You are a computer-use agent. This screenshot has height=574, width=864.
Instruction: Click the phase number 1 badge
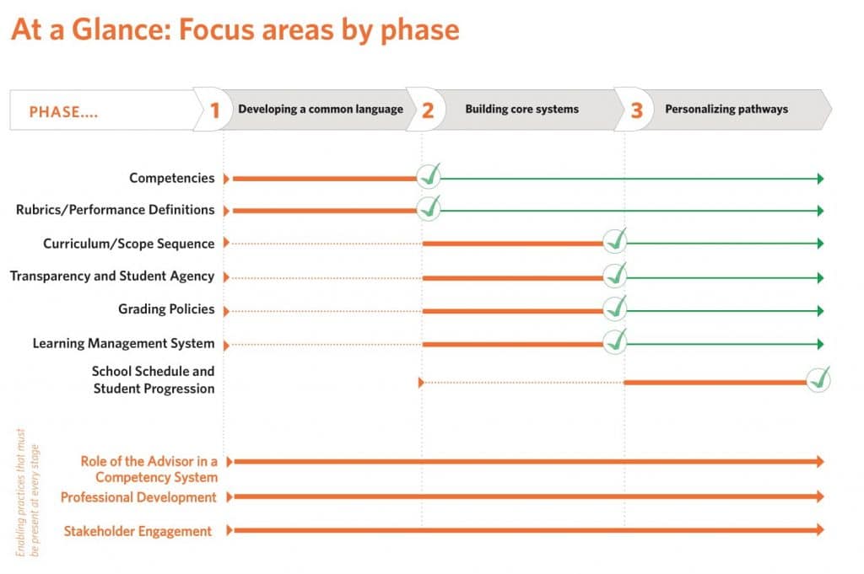215,110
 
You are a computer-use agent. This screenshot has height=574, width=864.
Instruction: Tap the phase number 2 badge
428,110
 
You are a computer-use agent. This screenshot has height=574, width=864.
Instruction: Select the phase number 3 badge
636,110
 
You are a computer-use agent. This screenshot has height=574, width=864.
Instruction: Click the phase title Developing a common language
321,109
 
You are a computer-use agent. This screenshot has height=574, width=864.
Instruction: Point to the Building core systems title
521,109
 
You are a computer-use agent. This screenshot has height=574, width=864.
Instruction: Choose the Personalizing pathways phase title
726,109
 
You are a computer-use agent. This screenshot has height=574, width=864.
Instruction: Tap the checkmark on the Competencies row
429,176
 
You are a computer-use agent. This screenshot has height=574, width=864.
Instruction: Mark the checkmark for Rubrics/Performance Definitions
429,207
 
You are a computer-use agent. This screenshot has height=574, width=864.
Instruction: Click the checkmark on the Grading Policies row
615,308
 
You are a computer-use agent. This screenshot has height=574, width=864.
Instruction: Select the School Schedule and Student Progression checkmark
818,379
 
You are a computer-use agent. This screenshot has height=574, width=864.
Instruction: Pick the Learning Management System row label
124,344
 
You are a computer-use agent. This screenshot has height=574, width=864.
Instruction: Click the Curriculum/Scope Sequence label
129,244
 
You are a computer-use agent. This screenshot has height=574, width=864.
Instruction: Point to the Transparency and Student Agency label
112,276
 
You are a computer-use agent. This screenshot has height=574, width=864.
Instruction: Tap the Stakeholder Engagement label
138,531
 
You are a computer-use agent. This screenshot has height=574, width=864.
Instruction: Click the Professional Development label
138,497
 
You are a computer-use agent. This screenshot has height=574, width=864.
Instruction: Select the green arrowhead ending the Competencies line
819,179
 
